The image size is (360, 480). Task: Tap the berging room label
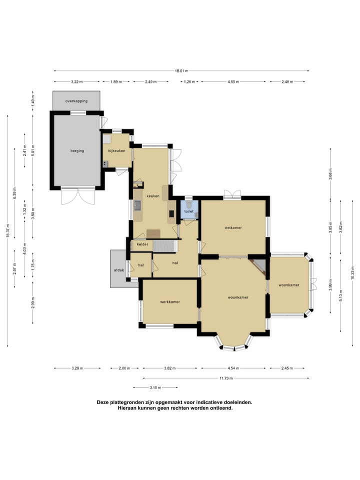tap(77, 150)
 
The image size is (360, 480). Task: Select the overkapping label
tap(76, 100)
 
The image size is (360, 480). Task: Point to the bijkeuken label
tap(116, 150)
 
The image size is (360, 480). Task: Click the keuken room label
tap(153, 196)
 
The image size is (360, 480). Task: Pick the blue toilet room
tap(189, 209)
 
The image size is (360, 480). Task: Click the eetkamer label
tap(233, 228)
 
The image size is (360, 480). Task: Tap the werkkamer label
tap(170, 302)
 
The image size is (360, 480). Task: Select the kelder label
tap(142, 244)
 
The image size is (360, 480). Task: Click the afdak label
tap(119, 270)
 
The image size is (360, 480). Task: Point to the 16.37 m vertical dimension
tap(8, 231)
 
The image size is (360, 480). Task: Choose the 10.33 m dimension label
tap(352, 273)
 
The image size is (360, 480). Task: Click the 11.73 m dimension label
tap(226, 378)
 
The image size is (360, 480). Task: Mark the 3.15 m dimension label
tap(155, 387)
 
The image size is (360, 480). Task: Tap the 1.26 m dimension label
tap(189, 81)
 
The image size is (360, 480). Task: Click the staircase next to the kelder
tap(165, 246)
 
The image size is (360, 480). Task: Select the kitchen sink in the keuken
tap(138, 205)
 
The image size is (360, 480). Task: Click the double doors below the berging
tap(78, 196)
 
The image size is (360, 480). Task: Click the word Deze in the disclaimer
tap(103, 402)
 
